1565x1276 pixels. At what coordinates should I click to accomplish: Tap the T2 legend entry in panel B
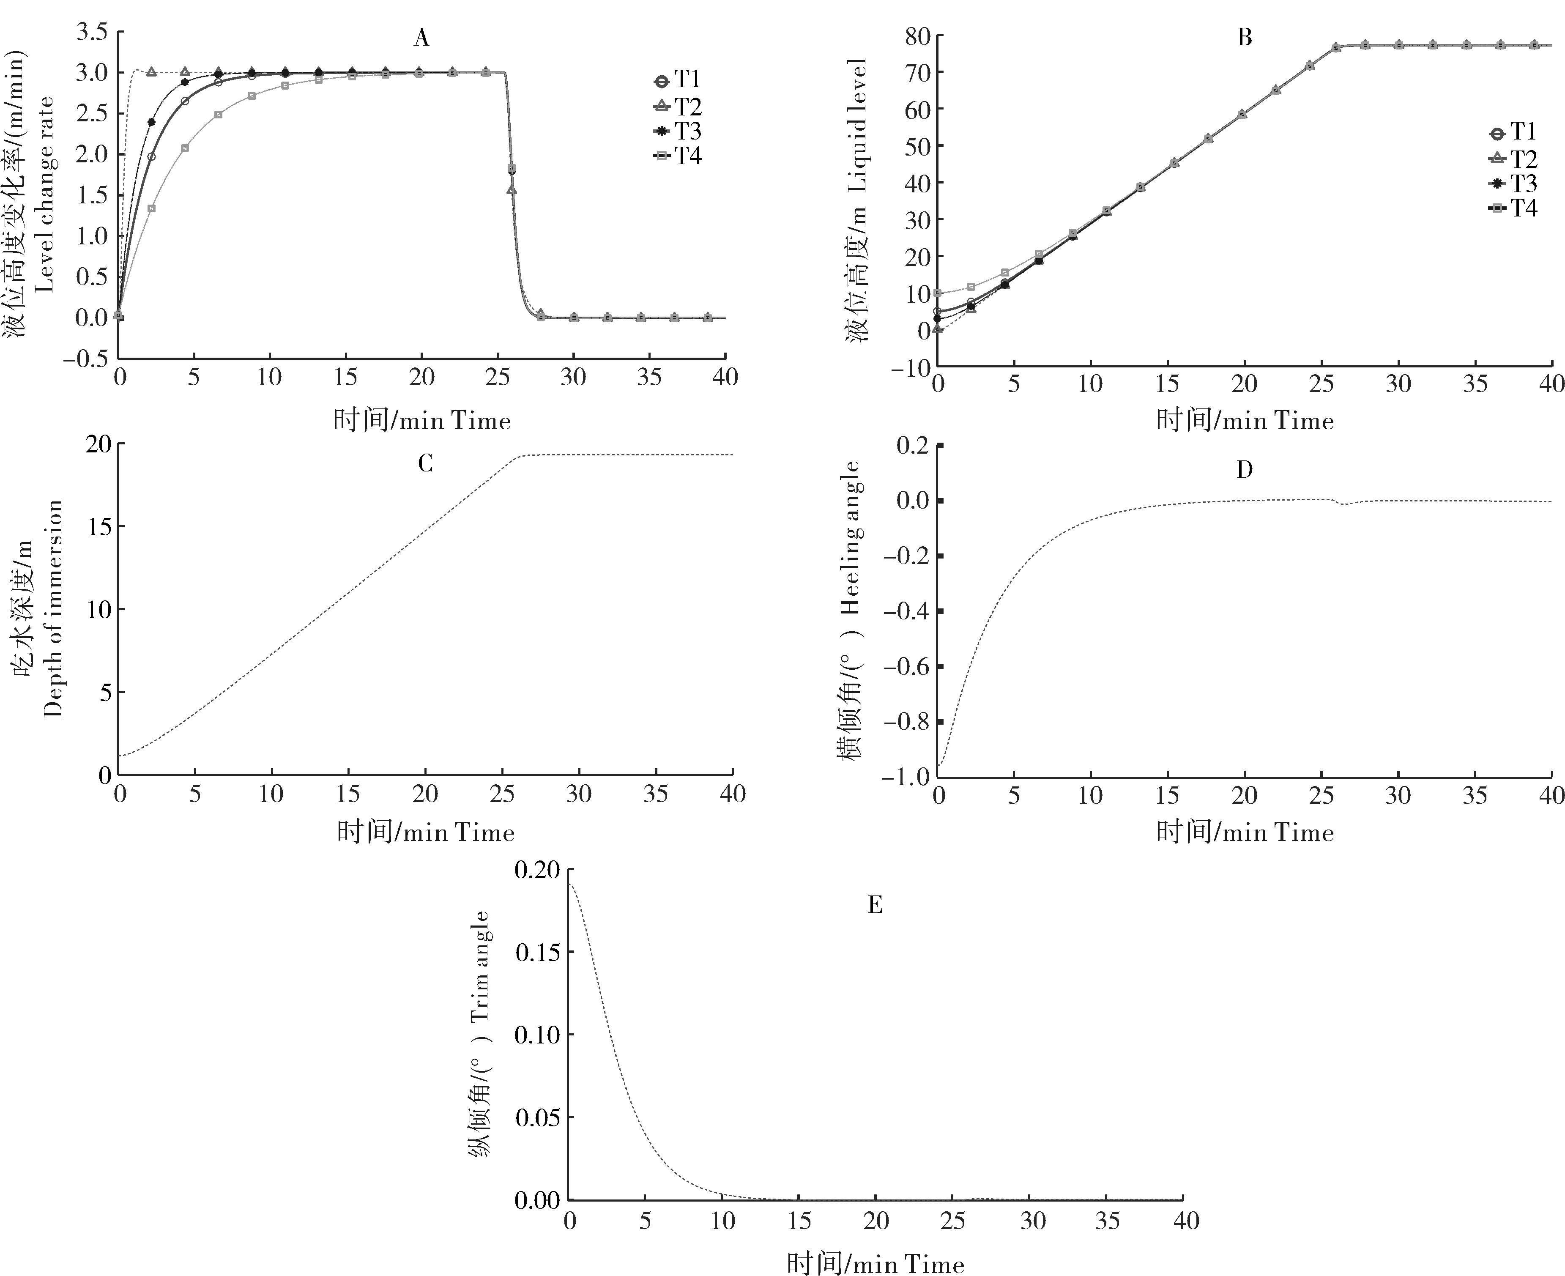pyautogui.click(x=1513, y=159)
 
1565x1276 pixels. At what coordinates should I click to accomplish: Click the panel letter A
pyautogui.click(x=421, y=38)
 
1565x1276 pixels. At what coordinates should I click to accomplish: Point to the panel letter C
pyautogui.click(x=425, y=464)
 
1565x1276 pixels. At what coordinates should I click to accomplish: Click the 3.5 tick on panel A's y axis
pyautogui.click(x=91, y=32)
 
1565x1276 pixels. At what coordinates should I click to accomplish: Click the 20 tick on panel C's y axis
pyautogui.click(x=99, y=444)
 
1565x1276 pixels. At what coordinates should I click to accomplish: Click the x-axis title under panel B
pyautogui.click(x=1245, y=421)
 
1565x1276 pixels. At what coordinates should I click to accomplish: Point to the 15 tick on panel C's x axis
pyautogui.click(x=348, y=794)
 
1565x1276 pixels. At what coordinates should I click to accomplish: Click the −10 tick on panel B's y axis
pyautogui.click(x=911, y=367)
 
